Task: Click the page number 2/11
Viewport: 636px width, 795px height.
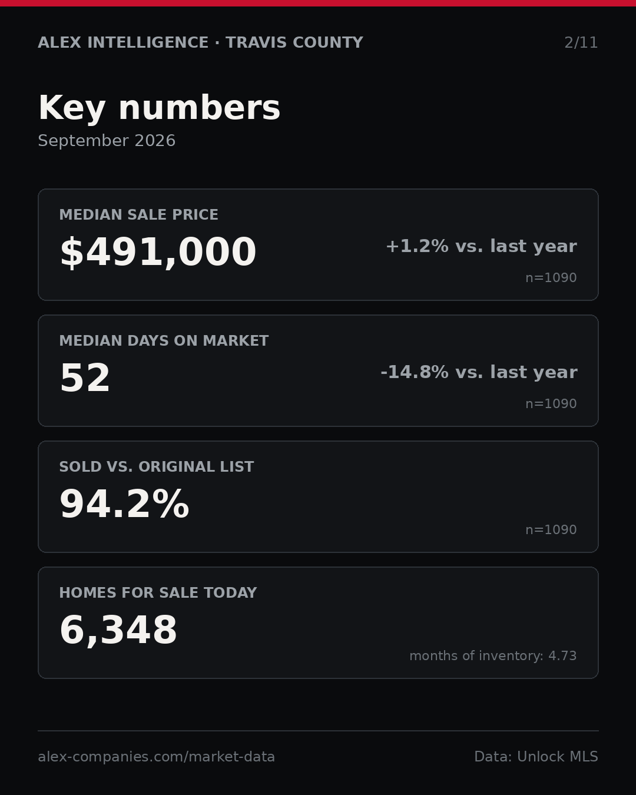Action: click(581, 42)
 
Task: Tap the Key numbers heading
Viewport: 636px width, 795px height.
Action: click(159, 108)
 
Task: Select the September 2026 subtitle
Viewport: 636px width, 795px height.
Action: click(107, 141)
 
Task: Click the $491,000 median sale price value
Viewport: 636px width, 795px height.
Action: click(158, 252)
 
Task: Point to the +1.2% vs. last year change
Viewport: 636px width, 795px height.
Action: click(481, 246)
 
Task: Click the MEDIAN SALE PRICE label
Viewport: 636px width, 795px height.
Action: click(138, 214)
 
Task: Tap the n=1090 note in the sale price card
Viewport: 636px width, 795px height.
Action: click(551, 277)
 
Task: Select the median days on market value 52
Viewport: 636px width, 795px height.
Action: click(85, 377)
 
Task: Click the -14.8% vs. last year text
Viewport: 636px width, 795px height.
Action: click(479, 372)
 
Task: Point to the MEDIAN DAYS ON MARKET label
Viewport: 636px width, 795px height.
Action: click(164, 340)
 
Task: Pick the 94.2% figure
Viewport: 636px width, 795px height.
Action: click(124, 504)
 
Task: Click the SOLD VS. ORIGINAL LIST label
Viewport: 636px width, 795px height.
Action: click(156, 466)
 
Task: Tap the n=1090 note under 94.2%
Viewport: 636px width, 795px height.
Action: click(551, 530)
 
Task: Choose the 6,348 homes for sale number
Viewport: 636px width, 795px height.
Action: click(118, 630)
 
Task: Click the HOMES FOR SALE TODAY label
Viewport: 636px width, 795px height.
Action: click(158, 592)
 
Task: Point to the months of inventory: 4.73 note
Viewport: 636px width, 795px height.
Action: click(493, 655)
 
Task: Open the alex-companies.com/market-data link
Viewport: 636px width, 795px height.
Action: click(156, 757)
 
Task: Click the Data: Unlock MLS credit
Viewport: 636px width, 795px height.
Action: click(536, 757)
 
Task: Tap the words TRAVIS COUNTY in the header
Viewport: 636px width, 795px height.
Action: click(294, 42)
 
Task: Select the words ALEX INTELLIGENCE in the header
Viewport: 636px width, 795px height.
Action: click(123, 42)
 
